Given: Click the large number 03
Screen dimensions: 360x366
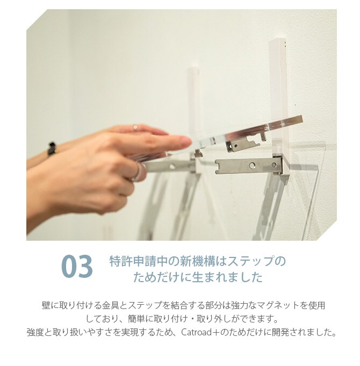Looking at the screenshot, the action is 77,267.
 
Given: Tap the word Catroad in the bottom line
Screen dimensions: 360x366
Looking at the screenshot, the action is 196,332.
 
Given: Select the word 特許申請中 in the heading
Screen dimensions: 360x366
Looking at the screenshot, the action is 139,261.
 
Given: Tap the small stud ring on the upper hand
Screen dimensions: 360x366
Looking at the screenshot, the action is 135,127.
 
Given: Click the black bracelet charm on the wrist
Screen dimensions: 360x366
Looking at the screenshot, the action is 52,148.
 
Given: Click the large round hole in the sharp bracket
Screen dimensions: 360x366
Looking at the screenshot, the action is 252,166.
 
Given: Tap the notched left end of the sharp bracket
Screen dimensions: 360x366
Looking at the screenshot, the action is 217,167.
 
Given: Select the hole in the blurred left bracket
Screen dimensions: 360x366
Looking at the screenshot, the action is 172,167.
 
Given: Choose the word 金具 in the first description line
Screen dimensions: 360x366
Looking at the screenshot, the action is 110,305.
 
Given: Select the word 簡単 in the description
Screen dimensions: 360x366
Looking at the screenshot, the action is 136,319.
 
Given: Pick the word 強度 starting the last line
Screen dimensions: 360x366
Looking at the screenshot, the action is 35,332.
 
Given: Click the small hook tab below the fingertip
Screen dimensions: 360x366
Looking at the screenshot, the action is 198,153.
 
